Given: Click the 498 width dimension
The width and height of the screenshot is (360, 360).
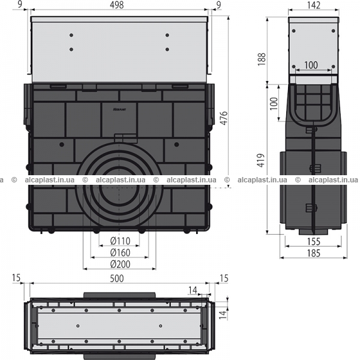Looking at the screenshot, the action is pyautogui.click(x=116, y=5).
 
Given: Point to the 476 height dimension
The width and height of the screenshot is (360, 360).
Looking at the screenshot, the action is pyautogui.click(x=224, y=118).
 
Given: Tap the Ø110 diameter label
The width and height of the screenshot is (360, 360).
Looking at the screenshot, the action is pyautogui.click(x=120, y=241).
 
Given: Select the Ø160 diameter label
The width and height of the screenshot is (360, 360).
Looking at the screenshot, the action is pyautogui.click(x=120, y=253).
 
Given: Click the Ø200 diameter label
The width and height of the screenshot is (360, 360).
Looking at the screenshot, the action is pyautogui.click(x=120, y=264).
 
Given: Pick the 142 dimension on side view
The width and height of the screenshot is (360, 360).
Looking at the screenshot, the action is pyautogui.click(x=314, y=5).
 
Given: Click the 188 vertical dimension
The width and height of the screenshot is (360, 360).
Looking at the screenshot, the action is pyautogui.click(x=262, y=59).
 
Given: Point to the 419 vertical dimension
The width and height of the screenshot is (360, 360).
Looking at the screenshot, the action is pyautogui.click(x=261, y=160).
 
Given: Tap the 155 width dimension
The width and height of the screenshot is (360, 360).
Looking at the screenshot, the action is pyautogui.click(x=314, y=241).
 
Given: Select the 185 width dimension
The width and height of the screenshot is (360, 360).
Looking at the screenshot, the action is pyautogui.click(x=314, y=253).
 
